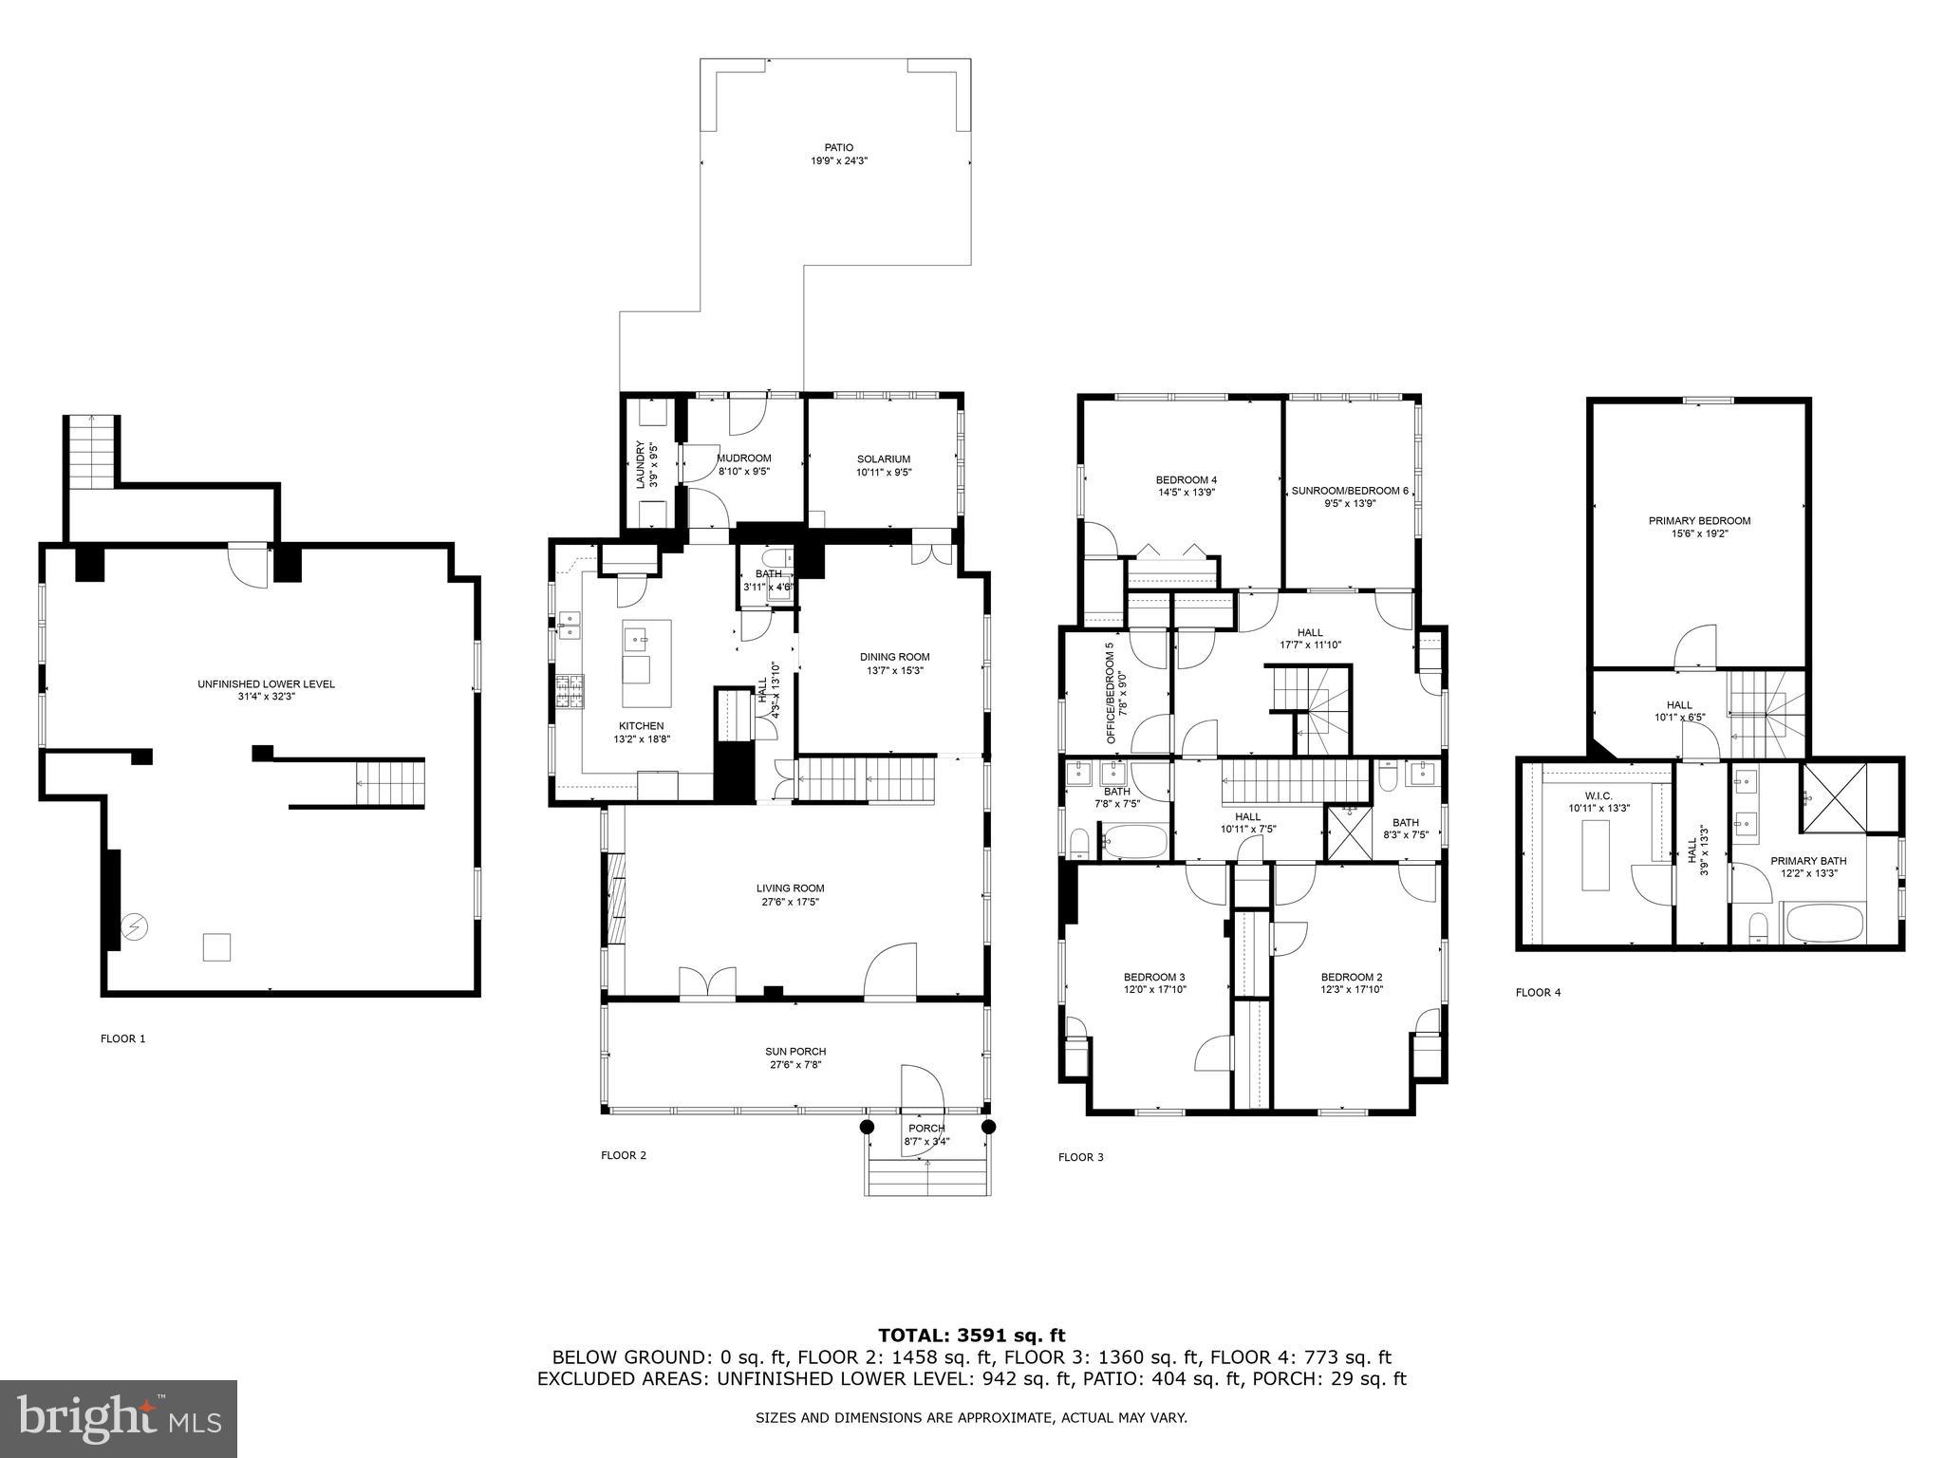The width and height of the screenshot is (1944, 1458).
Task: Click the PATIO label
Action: pyautogui.click(x=838, y=147)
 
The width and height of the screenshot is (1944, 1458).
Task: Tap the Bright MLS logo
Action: pyautogui.click(x=119, y=1418)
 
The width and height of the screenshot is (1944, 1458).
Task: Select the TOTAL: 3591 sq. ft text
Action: pyautogui.click(x=971, y=1336)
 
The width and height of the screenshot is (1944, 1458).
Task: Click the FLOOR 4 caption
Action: pyautogui.click(x=1538, y=993)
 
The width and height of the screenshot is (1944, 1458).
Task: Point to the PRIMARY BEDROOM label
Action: pyautogui.click(x=1699, y=520)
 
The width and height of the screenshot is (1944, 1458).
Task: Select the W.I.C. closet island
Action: pyautogui.click(x=1596, y=855)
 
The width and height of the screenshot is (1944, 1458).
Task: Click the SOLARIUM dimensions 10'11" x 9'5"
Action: pyautogui.click(x=884, y=472)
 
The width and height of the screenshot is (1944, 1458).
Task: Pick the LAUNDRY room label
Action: pyautogui.click(x=641, y=465)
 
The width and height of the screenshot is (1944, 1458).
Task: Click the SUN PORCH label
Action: pyautogui.click(x=795, y=1052)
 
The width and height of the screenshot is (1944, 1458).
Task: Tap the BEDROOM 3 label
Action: pyautogui.click(x=1153, y=977)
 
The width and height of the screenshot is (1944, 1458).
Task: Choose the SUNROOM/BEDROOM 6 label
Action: pyautogui.click(x=1350, y=491)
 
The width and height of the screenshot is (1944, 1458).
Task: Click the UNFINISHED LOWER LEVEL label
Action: pyautogui.click(x=266, y=683)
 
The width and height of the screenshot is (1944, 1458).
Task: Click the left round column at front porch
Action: pyautogui.click(x=867, y=1127)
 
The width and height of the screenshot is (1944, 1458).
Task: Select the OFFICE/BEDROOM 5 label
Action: pyautogui.click(x=1109, y=682)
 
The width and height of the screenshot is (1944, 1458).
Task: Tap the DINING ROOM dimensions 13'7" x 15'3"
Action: pyautogui.click(x=894, y=670)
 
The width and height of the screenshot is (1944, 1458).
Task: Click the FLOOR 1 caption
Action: pyautogui.click(x=123, y=1038)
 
